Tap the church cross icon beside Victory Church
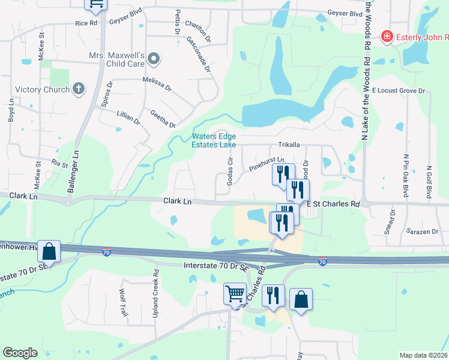78,89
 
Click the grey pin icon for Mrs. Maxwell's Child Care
154,59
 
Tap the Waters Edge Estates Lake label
213,140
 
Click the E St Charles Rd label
334,204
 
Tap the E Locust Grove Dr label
398,91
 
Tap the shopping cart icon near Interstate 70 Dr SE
235,294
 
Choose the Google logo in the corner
20,352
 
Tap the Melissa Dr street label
157,83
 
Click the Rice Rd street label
86,23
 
